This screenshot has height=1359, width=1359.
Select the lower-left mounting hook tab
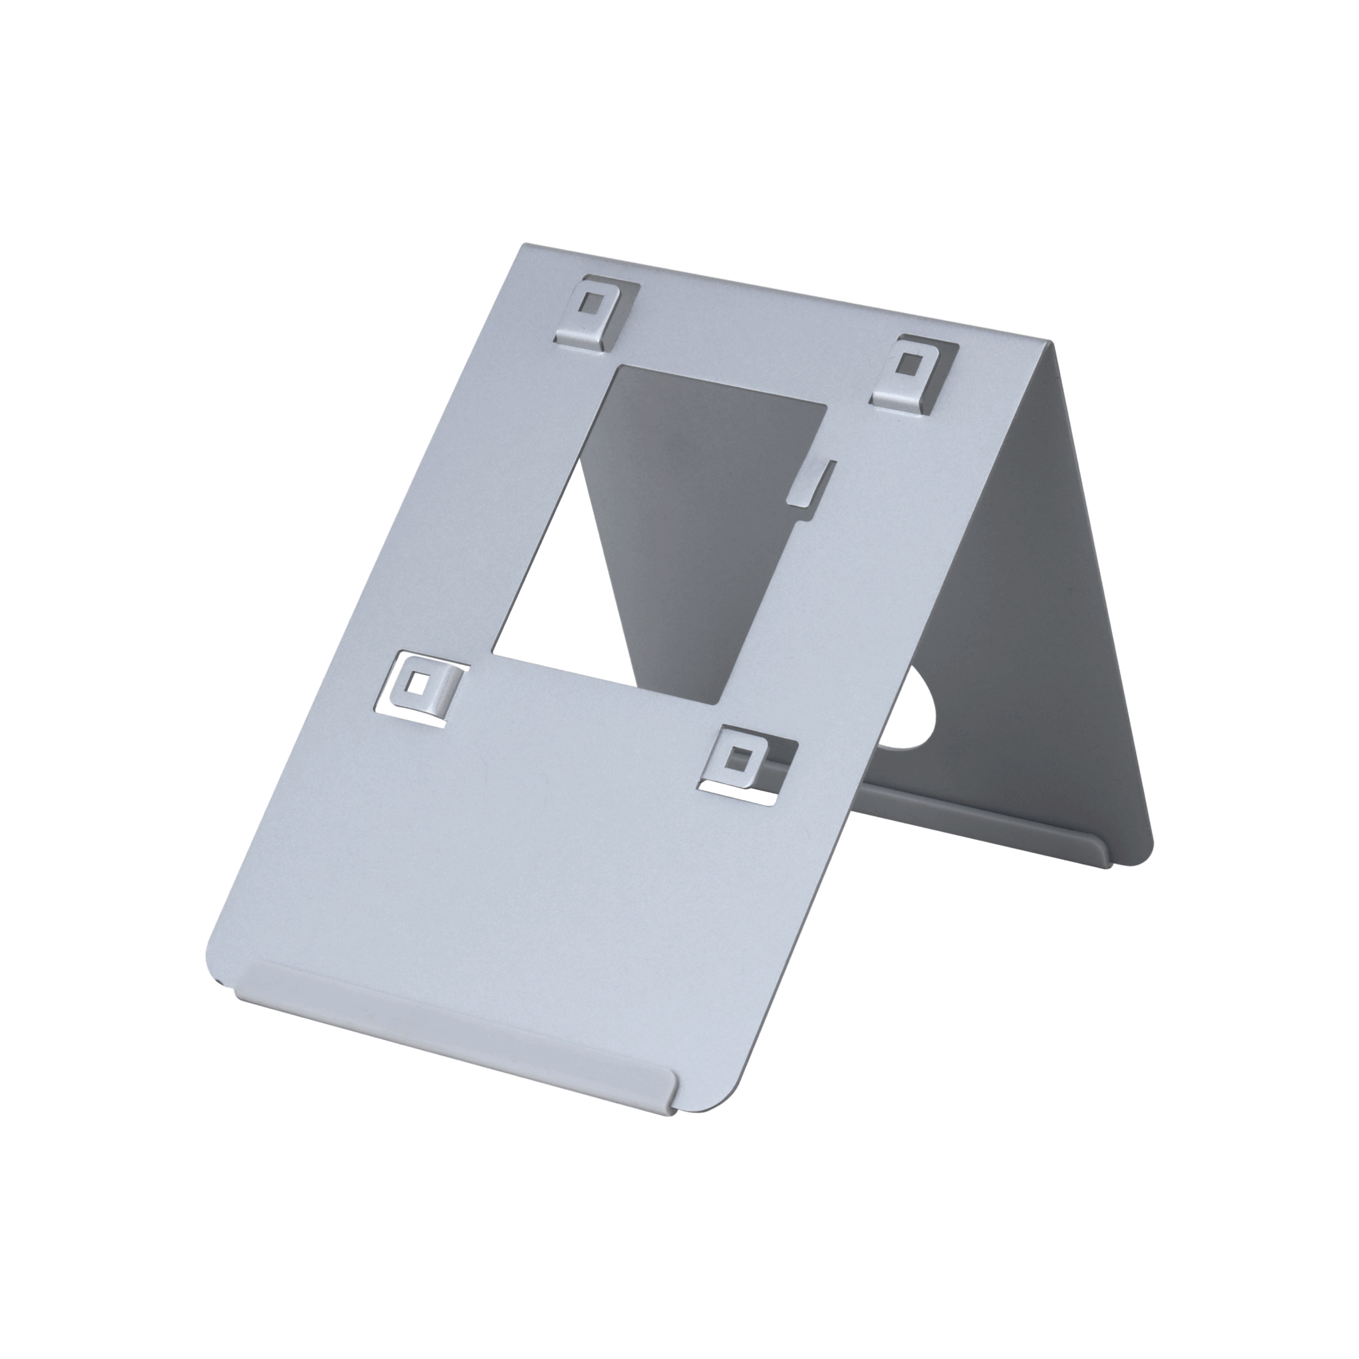(x=426, y=690)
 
